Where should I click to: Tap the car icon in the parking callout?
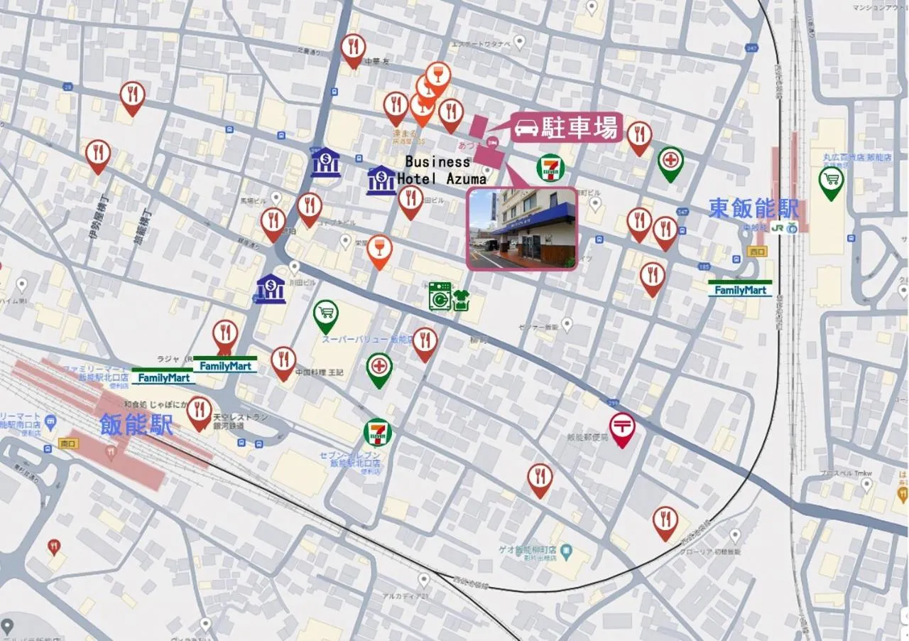(x=526, y=129)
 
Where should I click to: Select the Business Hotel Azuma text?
(x=440, y=171)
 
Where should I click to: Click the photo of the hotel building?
(x=522, y=228)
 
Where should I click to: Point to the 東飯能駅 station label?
(x=753, y=208)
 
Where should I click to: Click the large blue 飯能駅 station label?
(x=136, y=425)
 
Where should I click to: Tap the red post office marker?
(x=622, y=428)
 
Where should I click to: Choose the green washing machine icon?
(x=440, y=296)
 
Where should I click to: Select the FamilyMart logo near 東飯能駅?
(x=740, y=289)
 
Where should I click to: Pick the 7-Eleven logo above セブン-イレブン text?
(x=378, y=432)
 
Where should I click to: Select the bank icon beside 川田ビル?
(x=271, y=289)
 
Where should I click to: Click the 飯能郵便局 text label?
(x=588, y=438)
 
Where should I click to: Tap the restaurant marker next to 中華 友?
(x=353, y=48)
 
